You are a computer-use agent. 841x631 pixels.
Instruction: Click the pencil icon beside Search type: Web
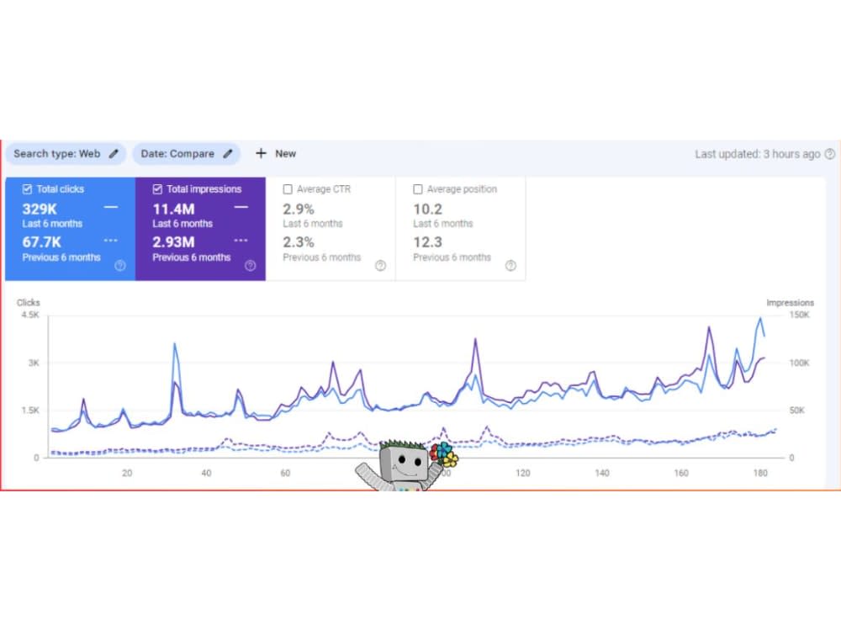[114, 153]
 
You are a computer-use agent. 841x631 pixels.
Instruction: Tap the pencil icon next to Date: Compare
[228, 153]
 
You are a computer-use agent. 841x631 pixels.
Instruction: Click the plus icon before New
[261, 153]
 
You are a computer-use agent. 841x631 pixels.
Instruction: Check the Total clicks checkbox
[27, 188]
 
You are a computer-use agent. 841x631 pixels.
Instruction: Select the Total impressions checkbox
[157, 188]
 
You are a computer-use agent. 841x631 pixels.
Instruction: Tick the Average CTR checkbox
[288, 188]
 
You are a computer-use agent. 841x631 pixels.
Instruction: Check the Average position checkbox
[418, 188]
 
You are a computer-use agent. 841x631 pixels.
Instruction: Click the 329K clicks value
[40, 209]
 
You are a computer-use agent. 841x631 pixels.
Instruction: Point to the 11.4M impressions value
[173, 209]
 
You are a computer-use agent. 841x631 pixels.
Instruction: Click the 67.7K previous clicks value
[42, 242]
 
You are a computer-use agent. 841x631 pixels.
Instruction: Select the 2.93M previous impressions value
[173, 242]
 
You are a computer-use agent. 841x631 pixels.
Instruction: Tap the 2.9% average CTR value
[299, 209]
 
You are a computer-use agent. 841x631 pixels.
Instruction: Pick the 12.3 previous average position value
[427, 242]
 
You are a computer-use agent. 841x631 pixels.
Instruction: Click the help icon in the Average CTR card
[380, 266]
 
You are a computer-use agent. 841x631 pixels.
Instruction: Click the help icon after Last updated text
[830, 154]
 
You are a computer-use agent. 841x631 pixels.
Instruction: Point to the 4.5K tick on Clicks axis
[30, 315]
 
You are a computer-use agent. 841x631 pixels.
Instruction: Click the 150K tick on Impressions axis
[799, 315]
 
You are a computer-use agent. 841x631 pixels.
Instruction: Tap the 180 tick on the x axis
[760, 473]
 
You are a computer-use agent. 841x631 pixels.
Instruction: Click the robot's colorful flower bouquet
[443, 454]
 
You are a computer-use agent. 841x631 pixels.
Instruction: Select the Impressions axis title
[790, 303]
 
